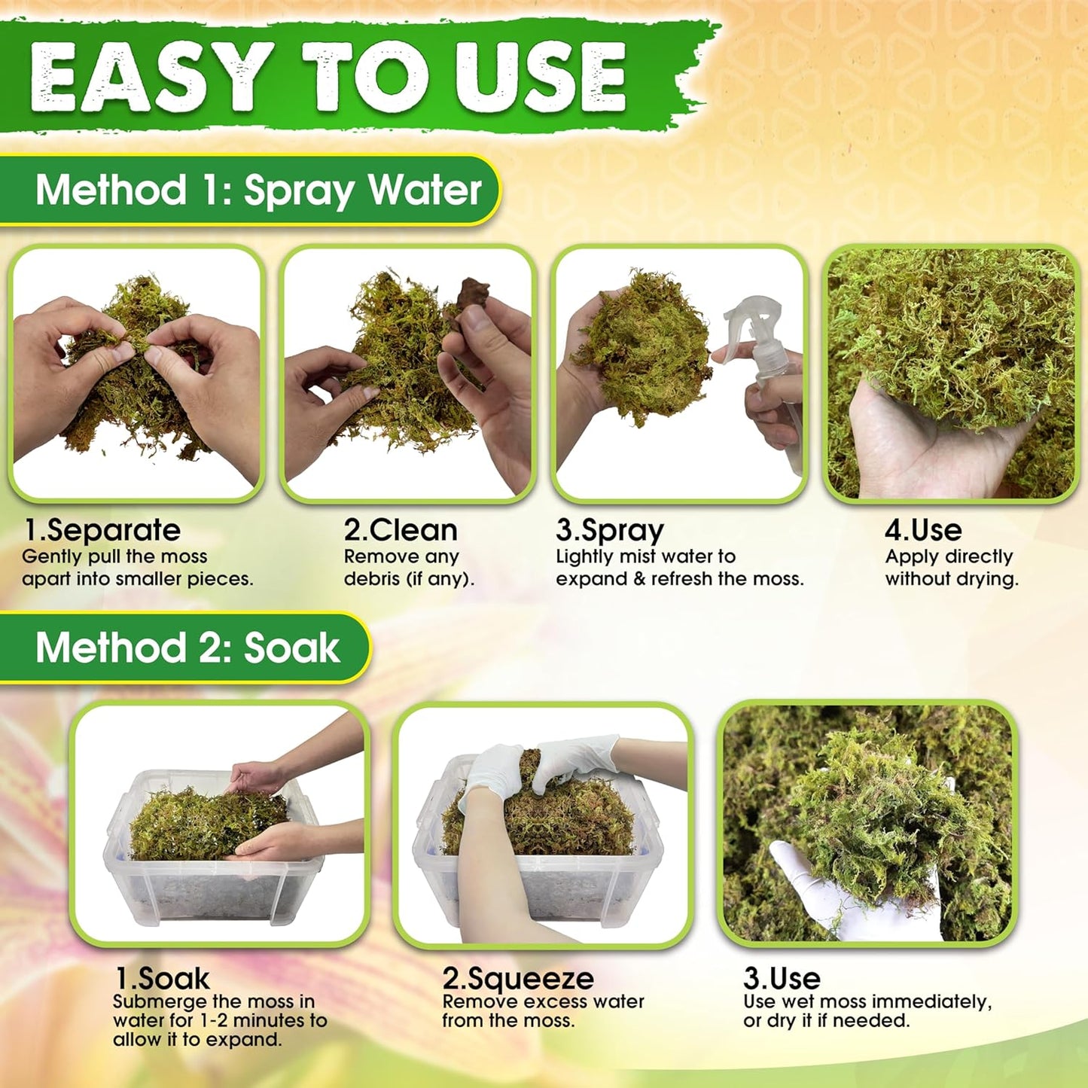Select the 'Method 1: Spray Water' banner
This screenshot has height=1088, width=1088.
(x=258, y=190)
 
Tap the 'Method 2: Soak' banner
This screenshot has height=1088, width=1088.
(x=187, y=648)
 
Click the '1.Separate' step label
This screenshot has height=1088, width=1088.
(x=102, y=530)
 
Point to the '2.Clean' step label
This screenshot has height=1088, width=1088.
(x=401, y=530)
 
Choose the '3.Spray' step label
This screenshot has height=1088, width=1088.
(x=609, y=530)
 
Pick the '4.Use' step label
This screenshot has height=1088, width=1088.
(x=923, y=530)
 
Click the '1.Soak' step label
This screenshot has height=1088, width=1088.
(x=162, y=978)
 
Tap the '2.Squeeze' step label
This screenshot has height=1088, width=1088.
(x=518, y=978)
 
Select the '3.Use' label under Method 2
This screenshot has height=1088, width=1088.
(x=782, y=978)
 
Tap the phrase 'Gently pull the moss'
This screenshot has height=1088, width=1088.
(x=114, y=556)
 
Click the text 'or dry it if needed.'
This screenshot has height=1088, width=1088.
(x=826, y=1021)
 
